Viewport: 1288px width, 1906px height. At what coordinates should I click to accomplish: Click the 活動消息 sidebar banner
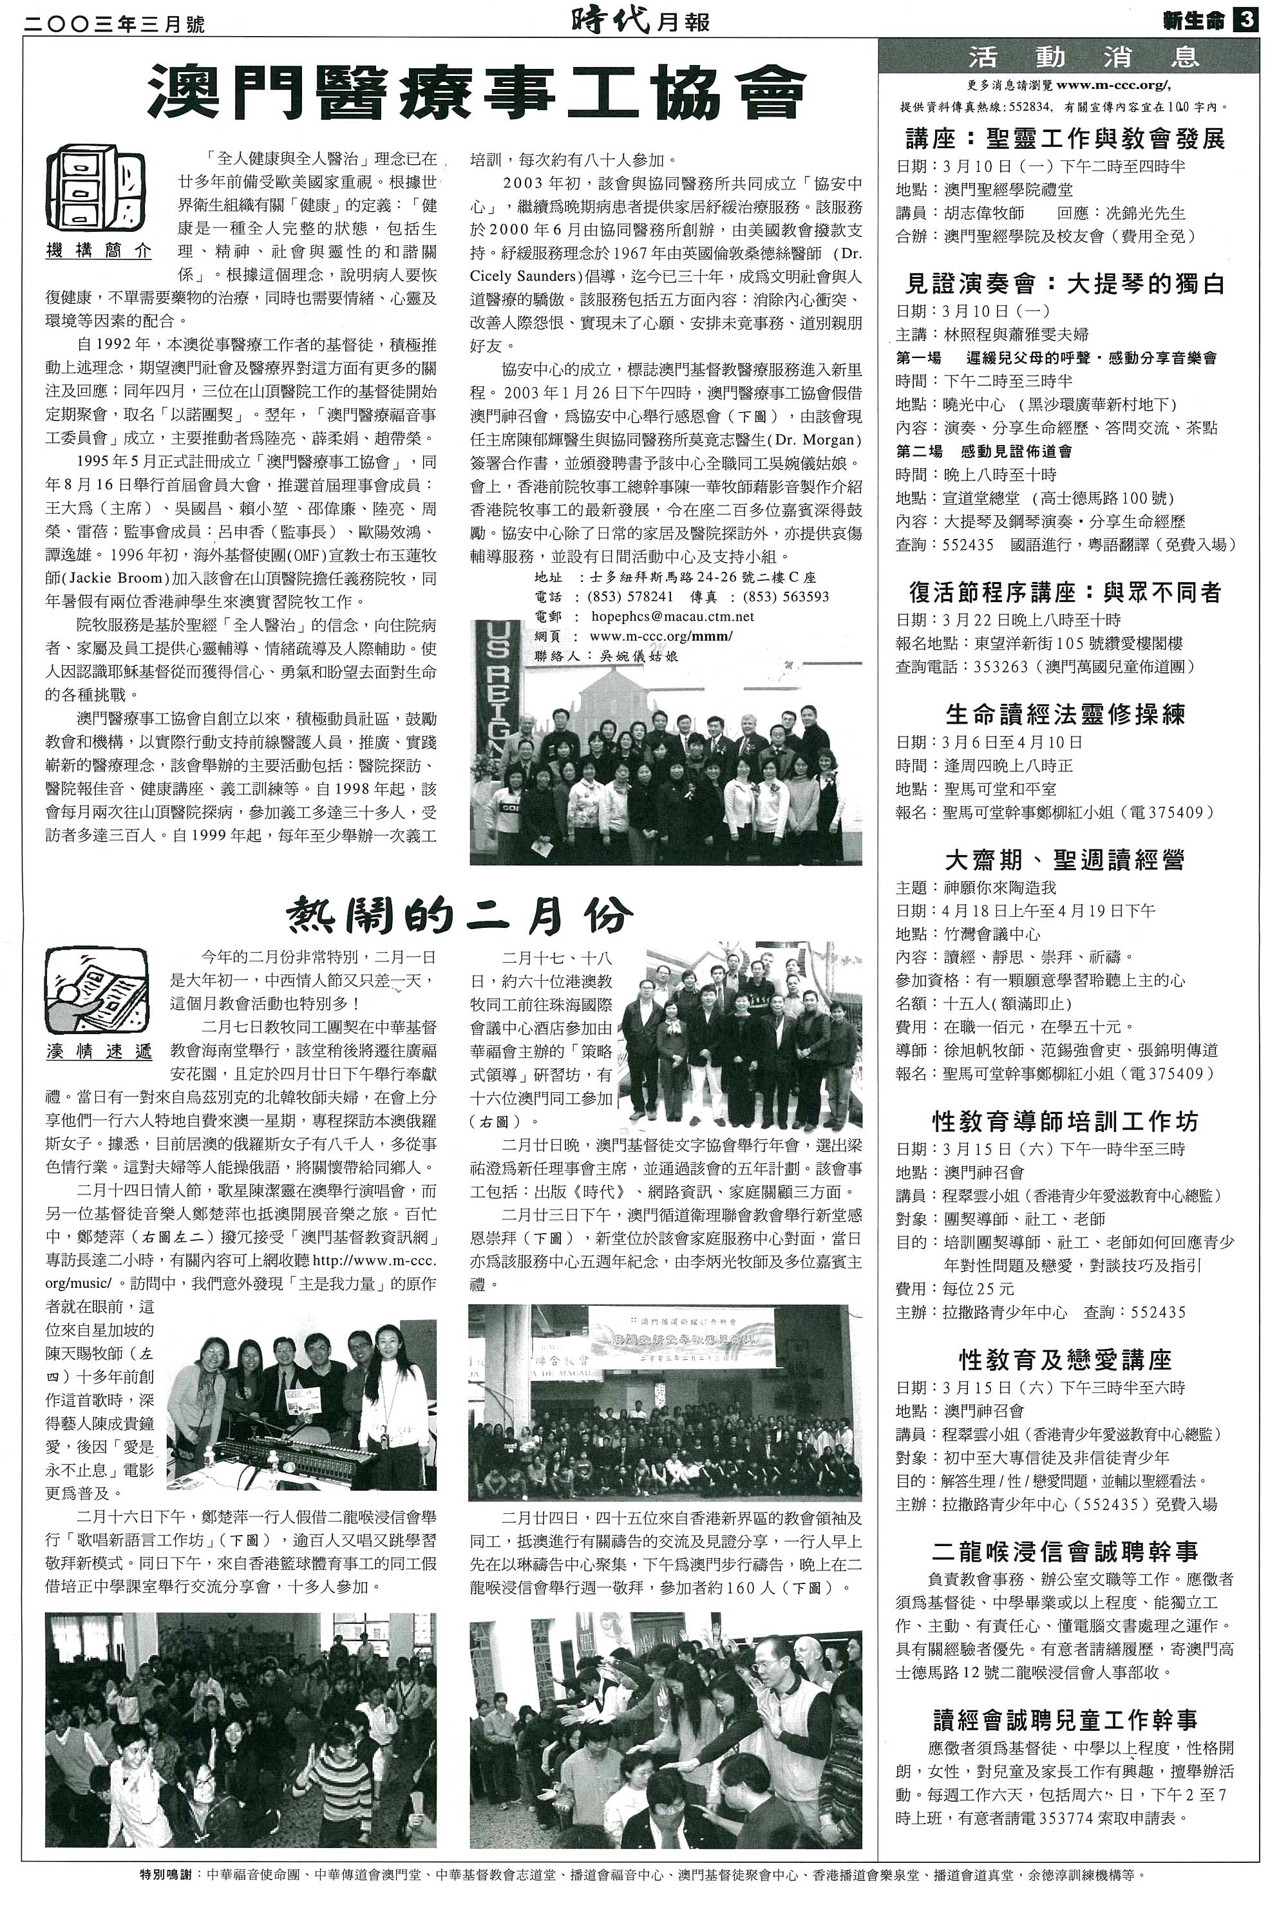coord(1067,57)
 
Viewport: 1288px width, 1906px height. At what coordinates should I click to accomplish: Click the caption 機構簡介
coord(99,252)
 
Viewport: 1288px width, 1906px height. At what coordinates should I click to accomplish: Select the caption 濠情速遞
coord(99,1052)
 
